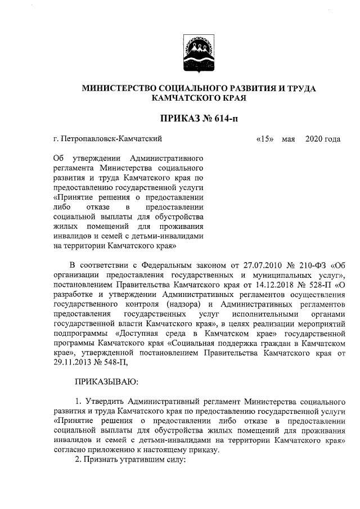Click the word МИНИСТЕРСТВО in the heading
pyautogui.click(x=116, y=88)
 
